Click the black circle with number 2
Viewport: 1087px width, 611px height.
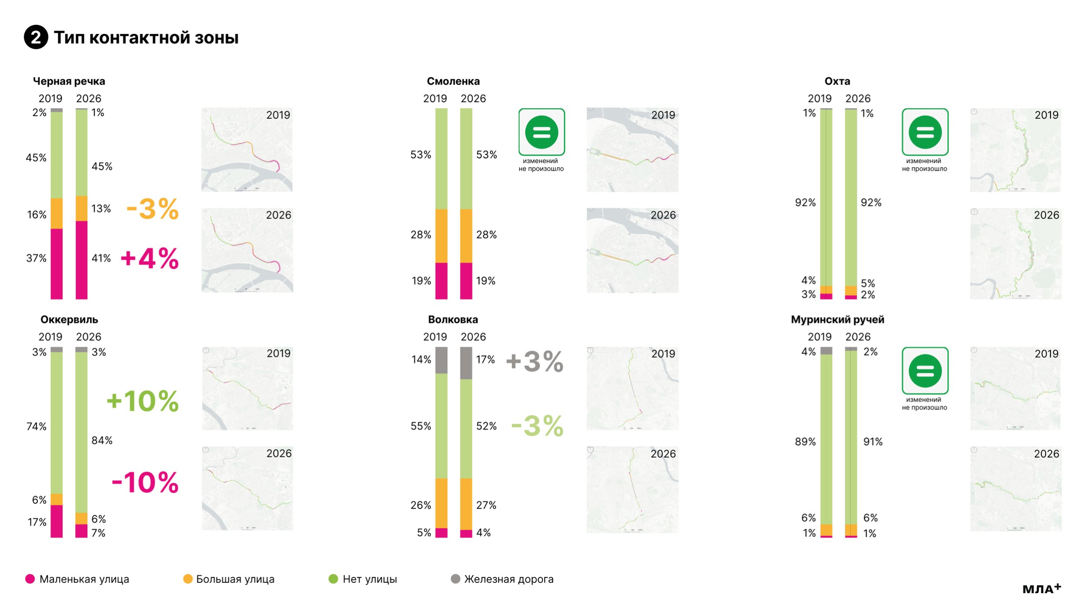click(x=36, y=37)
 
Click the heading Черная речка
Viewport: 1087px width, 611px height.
click(x=69, y=81)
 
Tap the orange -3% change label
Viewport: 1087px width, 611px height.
click(x=153, y=209)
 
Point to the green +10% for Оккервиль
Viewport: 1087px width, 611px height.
click(x=143, y=401)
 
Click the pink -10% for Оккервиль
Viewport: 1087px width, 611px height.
click(x=145, y=482)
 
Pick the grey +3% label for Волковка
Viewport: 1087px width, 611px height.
click(x=535, y=362)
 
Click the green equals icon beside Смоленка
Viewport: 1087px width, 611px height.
click(x=542, y=132)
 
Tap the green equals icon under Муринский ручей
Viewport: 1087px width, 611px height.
click(x=925, y=371)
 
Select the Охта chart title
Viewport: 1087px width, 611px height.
click(x=837, y=81)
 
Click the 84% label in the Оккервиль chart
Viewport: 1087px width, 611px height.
click(x=102, y=440)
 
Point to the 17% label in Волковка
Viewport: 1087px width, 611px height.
click(x=485, y=359)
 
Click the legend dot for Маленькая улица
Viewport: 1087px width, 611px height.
click(x=30, y=579)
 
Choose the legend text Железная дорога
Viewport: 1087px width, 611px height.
click(x=509, y=579)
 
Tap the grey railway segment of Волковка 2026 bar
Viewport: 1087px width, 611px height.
click(x=466, y=363)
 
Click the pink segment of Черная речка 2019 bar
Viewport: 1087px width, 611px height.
click(x=57, y=264)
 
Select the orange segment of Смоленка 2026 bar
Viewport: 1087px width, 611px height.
click(x=466, y=236)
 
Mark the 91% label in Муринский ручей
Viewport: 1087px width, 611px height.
click(x=873, y=442)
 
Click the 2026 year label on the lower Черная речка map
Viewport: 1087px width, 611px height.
click(x=278, y=215)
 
